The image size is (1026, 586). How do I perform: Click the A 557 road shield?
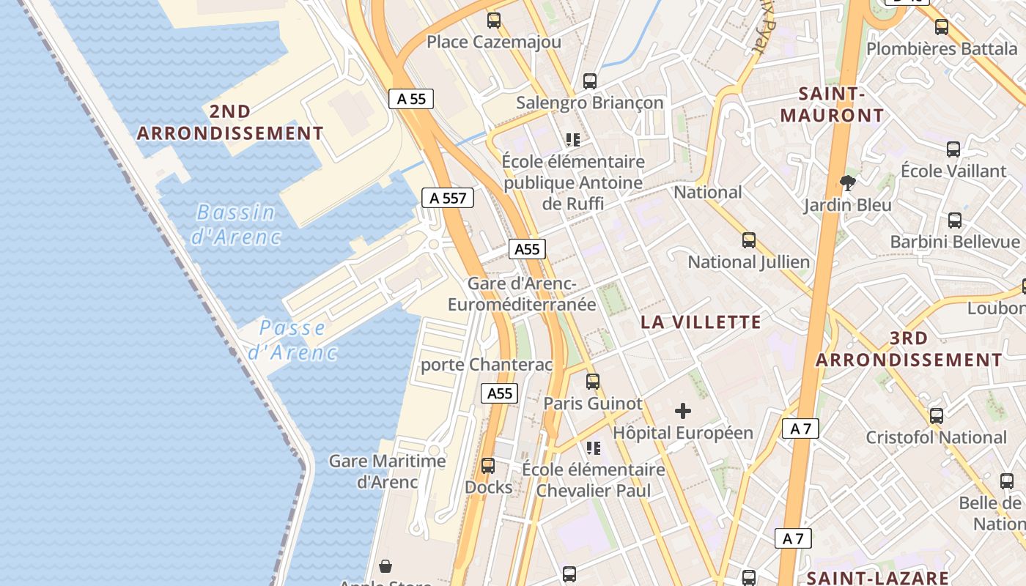[448, 198]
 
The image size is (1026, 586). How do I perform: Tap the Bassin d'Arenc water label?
[236, 224]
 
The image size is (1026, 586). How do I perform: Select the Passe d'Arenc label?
[292, 340]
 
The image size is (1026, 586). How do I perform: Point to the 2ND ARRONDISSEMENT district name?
[230, 122]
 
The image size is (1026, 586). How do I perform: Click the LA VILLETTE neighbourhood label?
[701, 322]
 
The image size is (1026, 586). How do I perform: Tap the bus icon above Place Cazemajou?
[494, 20]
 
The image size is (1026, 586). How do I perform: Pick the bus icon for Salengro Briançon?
[590, 81]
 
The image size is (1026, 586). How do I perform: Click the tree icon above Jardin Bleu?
[848, 182]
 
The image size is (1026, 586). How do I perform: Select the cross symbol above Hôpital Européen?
[683, 411]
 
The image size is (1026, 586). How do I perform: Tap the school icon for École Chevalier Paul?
[594, 448]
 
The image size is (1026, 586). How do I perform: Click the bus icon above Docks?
[488, 465]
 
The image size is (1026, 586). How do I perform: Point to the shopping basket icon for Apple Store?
[385, 566]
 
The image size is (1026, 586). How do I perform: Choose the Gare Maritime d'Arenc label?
[387, 471]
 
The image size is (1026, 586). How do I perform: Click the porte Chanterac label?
[487, 364]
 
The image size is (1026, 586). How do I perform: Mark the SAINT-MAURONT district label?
[832, 105]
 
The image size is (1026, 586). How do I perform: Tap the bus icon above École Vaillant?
[953, 149]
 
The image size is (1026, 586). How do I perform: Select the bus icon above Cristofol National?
[937, 415]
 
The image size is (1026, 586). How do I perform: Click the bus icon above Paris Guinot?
[593, 381]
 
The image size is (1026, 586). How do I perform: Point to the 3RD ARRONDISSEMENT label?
[909, 349]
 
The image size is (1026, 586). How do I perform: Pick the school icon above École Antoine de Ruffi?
[572, 139]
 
